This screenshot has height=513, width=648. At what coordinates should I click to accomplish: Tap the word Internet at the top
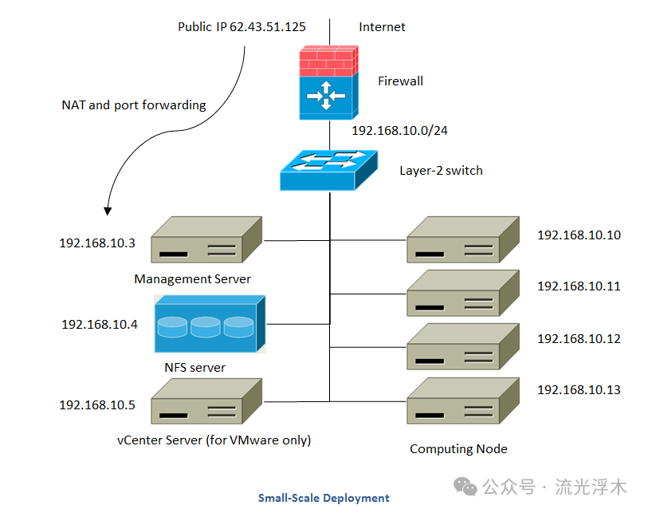tap(382, 27)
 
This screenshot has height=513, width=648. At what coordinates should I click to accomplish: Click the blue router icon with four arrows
tap(328, 97)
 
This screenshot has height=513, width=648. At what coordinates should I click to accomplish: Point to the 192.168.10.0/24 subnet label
tap(399, 130)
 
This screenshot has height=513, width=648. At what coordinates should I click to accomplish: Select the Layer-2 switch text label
tap(441, 170)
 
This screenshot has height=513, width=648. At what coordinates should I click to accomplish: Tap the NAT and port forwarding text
tap(134, 105)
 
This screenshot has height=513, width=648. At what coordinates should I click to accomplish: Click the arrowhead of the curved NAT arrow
tap(108, 211)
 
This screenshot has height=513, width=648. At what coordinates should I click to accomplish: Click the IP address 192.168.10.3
tap(97, 242)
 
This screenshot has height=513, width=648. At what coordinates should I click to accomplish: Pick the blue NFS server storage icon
tap(210, 324)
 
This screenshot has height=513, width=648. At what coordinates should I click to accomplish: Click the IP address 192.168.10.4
tap(100, 325)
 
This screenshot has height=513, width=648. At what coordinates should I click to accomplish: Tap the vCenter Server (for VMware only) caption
tap(214, 440)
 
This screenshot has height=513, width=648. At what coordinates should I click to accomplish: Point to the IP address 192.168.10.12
tap(579, 339)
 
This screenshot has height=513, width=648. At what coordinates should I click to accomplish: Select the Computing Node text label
tap(458, 448)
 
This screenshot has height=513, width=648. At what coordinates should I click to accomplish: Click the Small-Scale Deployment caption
tap(324, 498)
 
